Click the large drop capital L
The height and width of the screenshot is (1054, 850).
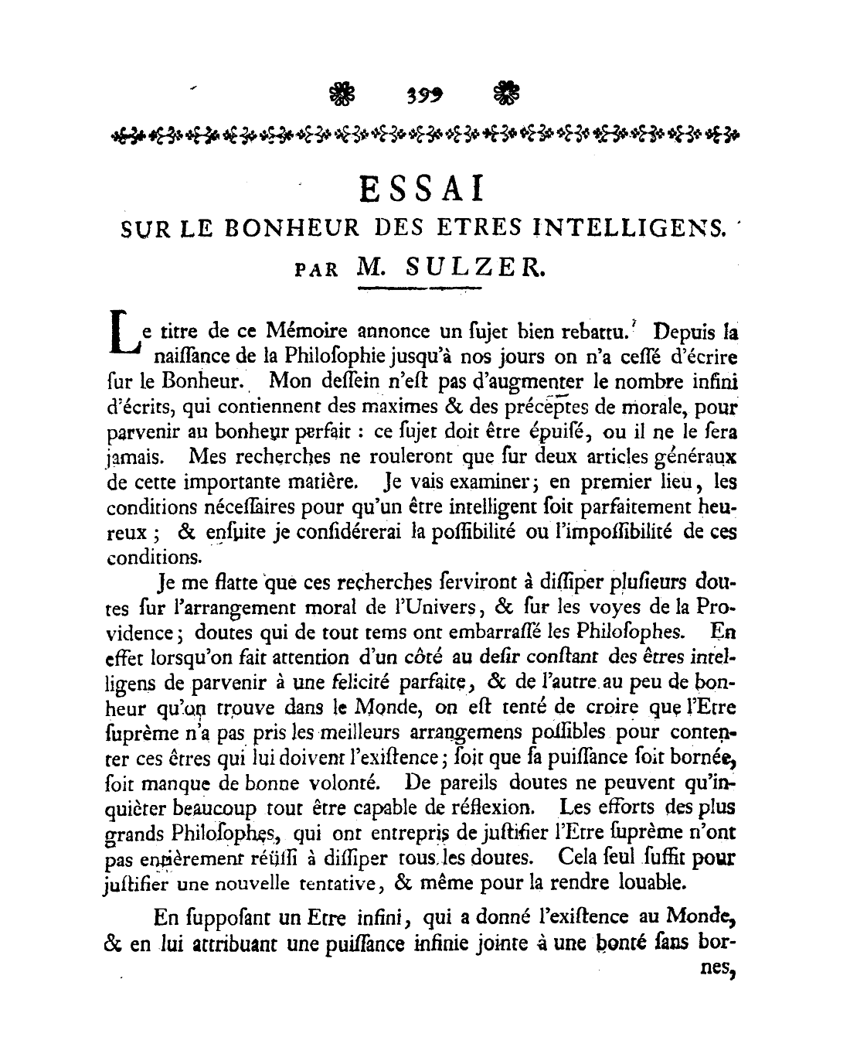[121, 338]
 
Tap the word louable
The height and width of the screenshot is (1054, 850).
[644, 882]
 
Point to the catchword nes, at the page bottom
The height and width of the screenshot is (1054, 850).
[716, 967]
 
